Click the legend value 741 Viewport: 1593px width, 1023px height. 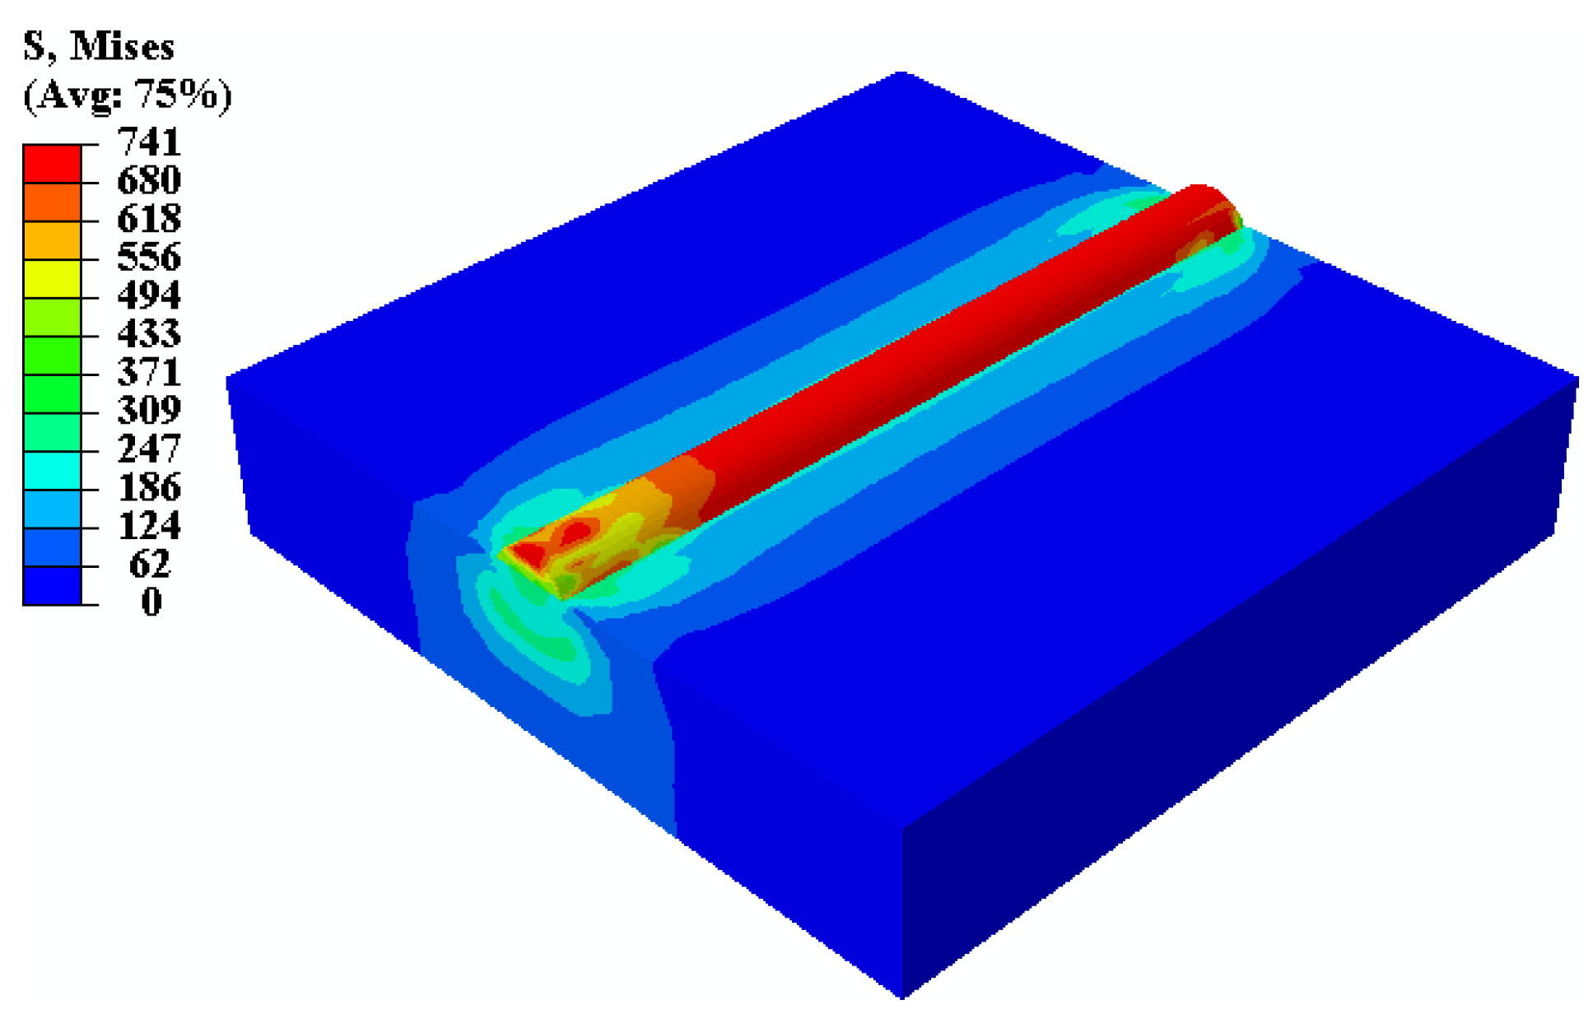pos(149,142)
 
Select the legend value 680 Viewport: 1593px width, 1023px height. pos(149,181)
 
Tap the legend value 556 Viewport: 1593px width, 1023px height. pos(149,258)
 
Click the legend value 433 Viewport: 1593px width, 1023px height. pos(149,334)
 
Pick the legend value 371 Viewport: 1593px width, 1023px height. pos(149,373)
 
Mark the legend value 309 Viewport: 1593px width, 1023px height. pos(149,411)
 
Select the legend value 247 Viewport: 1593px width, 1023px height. pos(149,449)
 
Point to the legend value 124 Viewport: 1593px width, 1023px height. pos(149,526)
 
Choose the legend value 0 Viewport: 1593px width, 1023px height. pos(151,602)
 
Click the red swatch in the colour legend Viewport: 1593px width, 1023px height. pos(52,164)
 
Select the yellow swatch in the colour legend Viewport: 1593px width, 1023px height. pos(52,279)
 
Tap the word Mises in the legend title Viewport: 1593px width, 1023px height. pos(122,47)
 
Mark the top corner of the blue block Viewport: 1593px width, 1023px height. pos(901,74)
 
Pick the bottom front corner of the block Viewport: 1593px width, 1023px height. pos(902,997)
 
